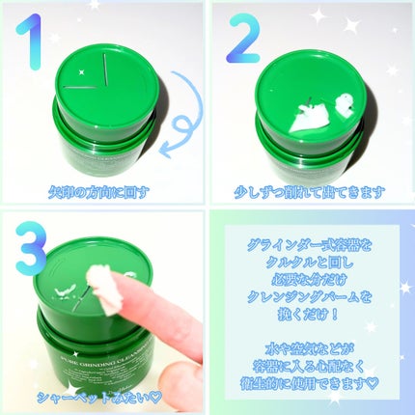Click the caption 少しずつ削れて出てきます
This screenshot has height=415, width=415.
309,191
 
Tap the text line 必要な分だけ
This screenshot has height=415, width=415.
309,282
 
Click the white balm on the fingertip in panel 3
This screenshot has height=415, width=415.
100,280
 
